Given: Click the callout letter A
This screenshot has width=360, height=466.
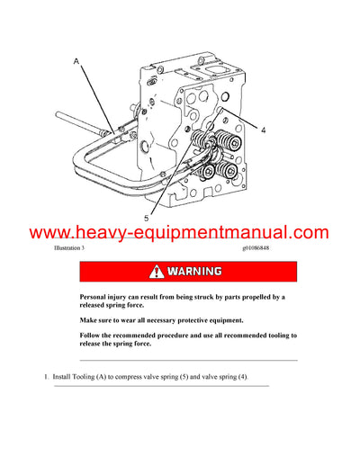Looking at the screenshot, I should [x=76, y=61].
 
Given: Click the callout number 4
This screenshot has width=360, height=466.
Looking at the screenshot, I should [x=264, y=130].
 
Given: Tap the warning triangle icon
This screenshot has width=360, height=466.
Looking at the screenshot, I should [x=157, y=271].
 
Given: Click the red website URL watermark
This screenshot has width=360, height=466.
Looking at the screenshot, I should [x=180, y=233].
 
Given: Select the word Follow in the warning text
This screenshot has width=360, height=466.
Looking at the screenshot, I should [x=91, y=336].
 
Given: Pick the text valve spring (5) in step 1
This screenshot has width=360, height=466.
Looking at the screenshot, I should [x=177, y=376].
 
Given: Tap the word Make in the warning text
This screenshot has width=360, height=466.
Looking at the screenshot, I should [x=89, y=320].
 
